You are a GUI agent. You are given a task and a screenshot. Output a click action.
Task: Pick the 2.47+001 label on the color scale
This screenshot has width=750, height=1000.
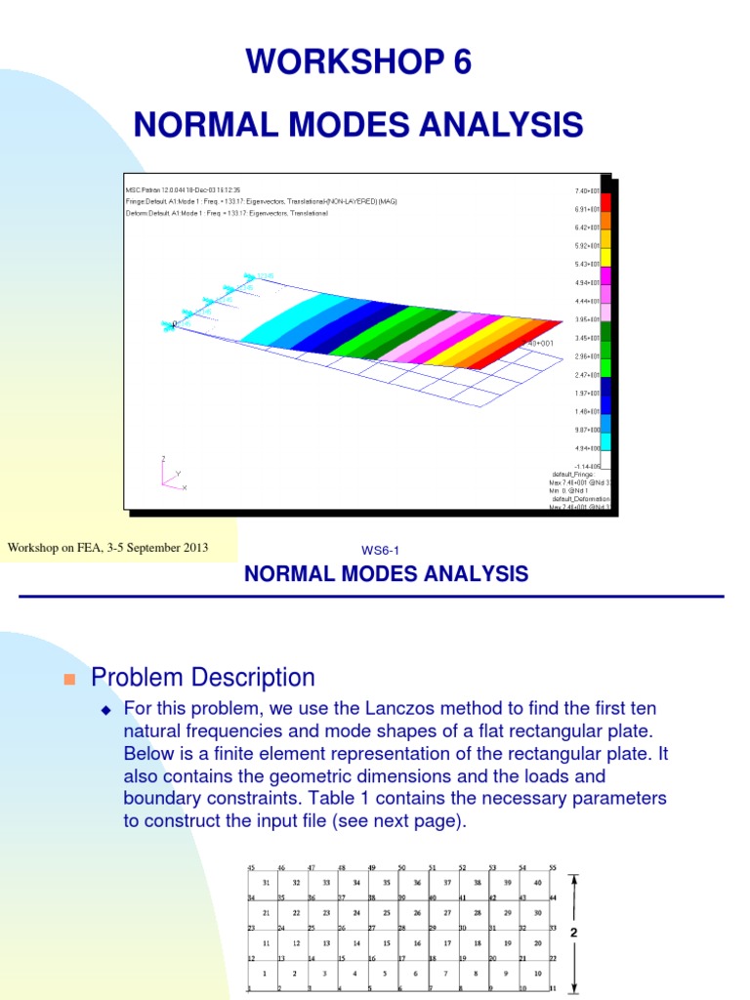588,375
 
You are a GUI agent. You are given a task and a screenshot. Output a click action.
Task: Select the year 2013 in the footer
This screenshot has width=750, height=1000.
191,548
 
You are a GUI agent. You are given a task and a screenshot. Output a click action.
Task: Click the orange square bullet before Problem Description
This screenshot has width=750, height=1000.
69,679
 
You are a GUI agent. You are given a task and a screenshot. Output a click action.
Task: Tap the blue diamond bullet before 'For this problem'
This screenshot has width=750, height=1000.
107,709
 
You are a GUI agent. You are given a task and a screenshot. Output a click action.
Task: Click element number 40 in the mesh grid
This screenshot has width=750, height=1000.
537,882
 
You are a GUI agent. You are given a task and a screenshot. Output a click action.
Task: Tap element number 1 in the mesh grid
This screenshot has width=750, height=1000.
265,974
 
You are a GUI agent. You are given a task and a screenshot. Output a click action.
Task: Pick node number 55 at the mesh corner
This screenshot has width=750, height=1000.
552,867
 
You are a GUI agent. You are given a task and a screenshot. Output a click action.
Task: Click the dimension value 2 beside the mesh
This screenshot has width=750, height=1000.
574,933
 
